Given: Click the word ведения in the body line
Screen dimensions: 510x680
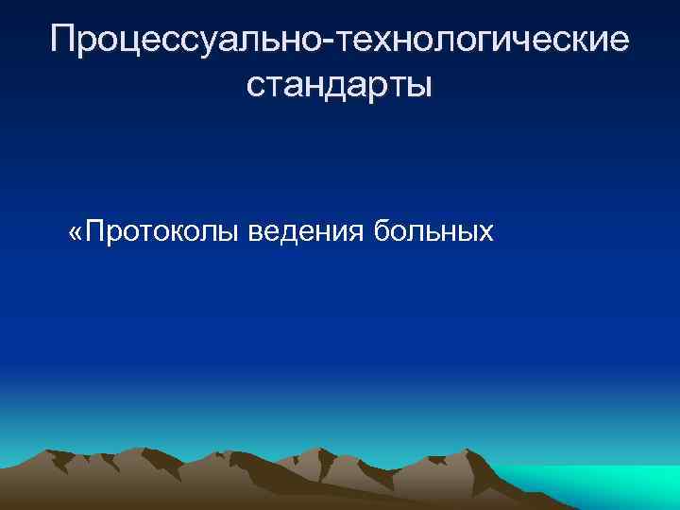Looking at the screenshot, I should pyautogui.click(x=307, y=230).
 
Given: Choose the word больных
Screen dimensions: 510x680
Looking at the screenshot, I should pyautogui.click(x=434, y=230).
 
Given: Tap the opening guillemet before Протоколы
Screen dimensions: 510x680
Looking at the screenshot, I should pyautogui.click(x=76, y=232).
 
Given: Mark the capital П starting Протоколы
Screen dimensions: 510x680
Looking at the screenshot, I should pyautogui.click(x=94, y=230).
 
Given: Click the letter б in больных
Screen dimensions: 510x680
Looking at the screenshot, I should pyautogui.click(x=383, y=230).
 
